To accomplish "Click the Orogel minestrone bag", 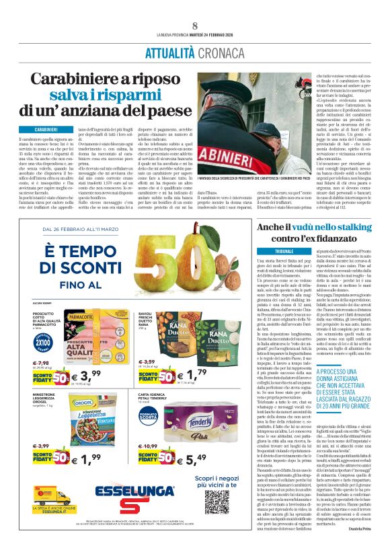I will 54,419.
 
